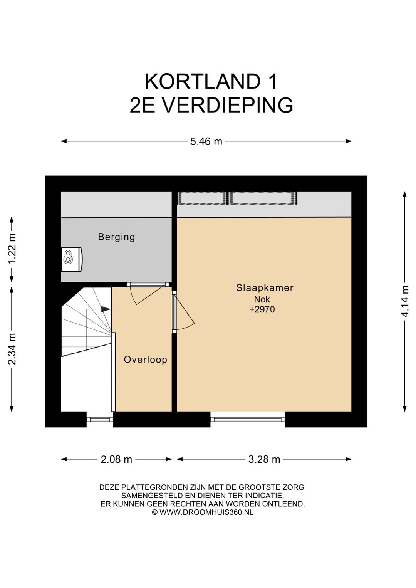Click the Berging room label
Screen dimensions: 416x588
117,237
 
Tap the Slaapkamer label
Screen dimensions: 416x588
265,288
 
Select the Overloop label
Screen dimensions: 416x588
145,360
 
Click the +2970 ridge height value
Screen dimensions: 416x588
262,309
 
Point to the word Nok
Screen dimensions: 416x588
262,299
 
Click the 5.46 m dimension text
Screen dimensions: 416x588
206,141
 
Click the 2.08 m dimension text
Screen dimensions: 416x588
116,459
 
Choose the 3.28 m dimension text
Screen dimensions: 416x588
264,459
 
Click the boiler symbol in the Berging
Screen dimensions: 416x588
72,259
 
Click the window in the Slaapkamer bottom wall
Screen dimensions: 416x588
248,419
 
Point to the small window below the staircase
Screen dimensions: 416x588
100,419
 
